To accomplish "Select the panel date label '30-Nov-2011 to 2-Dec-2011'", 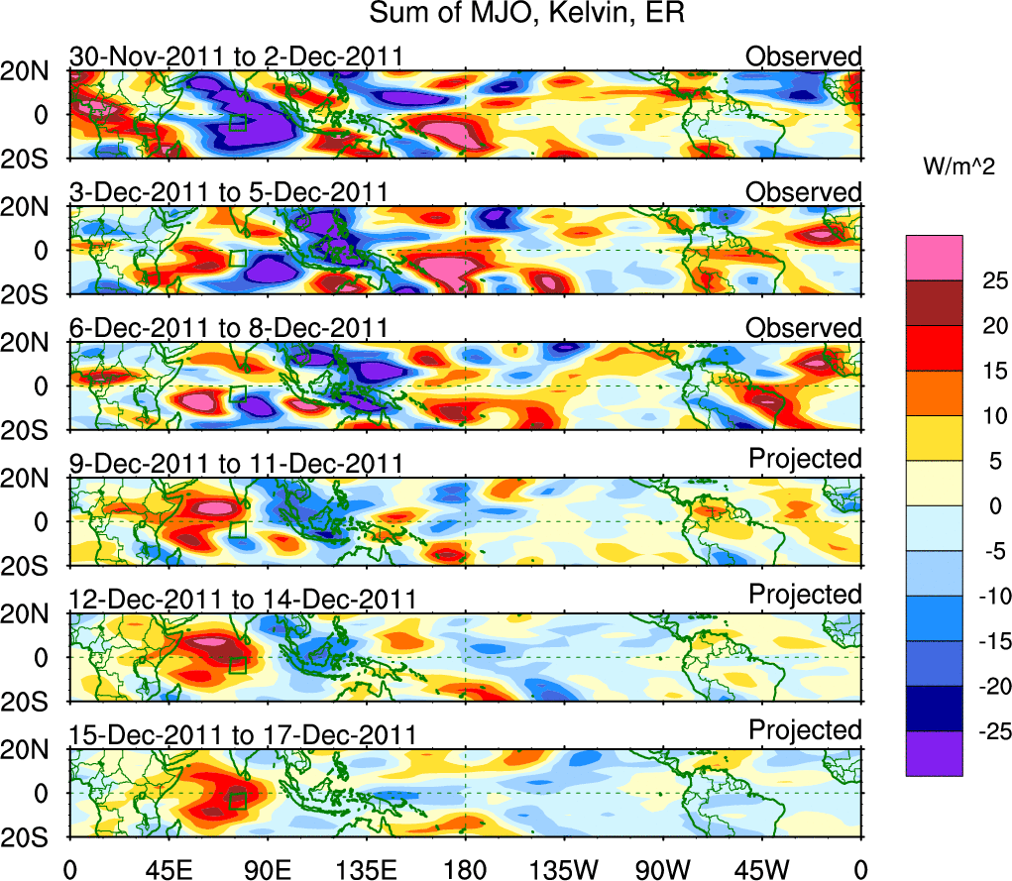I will (236, 56).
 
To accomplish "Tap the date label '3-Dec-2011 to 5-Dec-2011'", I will (228, 192).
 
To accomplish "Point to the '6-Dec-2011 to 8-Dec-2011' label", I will (228, 328).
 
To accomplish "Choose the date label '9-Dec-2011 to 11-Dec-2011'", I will (236, 464).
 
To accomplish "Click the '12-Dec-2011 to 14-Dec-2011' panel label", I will (242, 600).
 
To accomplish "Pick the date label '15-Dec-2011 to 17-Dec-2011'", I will (242, 735).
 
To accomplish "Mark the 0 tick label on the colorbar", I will (976, 505).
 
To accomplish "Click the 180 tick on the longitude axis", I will (465, 869).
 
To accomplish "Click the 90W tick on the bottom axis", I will (662, 869).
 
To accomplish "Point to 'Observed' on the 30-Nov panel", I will (804, 56).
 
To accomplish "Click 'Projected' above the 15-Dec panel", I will (805, 730).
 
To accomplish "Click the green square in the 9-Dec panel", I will (237, 530).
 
